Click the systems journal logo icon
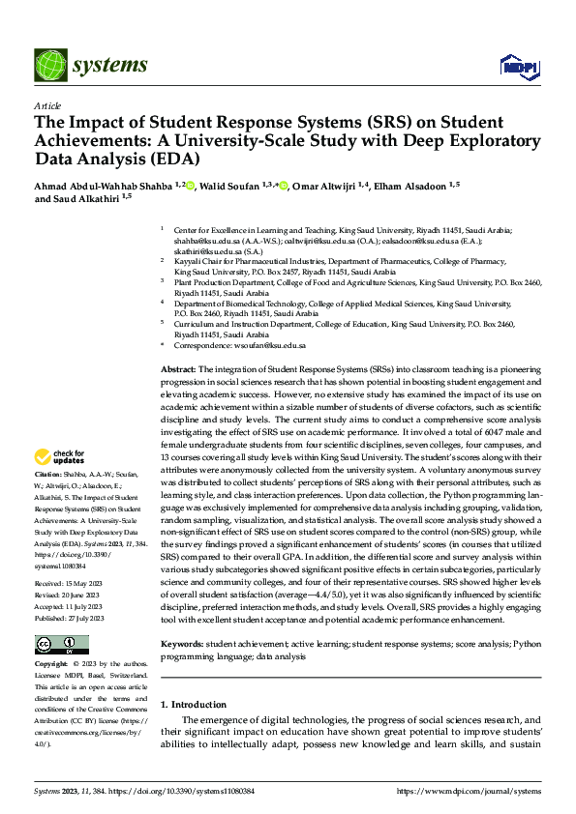46,65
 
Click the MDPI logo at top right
518,66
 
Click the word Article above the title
47,105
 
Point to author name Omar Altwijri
333,186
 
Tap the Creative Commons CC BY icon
61,618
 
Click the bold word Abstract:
178,370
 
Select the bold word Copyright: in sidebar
52,638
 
